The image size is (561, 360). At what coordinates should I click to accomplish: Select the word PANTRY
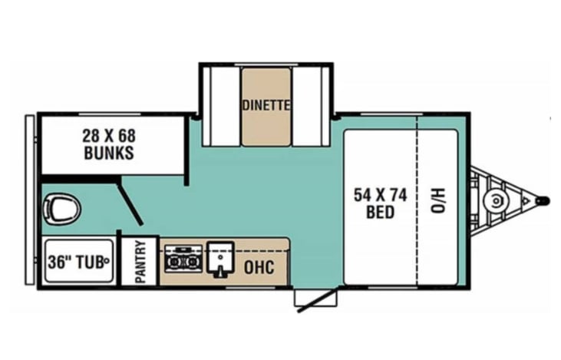point(140,262)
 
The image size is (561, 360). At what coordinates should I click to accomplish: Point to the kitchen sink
point(219,259)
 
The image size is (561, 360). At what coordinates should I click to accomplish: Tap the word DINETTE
point(266,105)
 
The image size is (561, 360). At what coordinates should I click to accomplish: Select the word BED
point(380,212)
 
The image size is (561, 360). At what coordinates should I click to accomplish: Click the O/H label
point(436,202)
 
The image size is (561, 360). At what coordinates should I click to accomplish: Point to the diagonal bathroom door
point(131,204)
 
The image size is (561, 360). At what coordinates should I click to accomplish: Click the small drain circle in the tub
point(108,259)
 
